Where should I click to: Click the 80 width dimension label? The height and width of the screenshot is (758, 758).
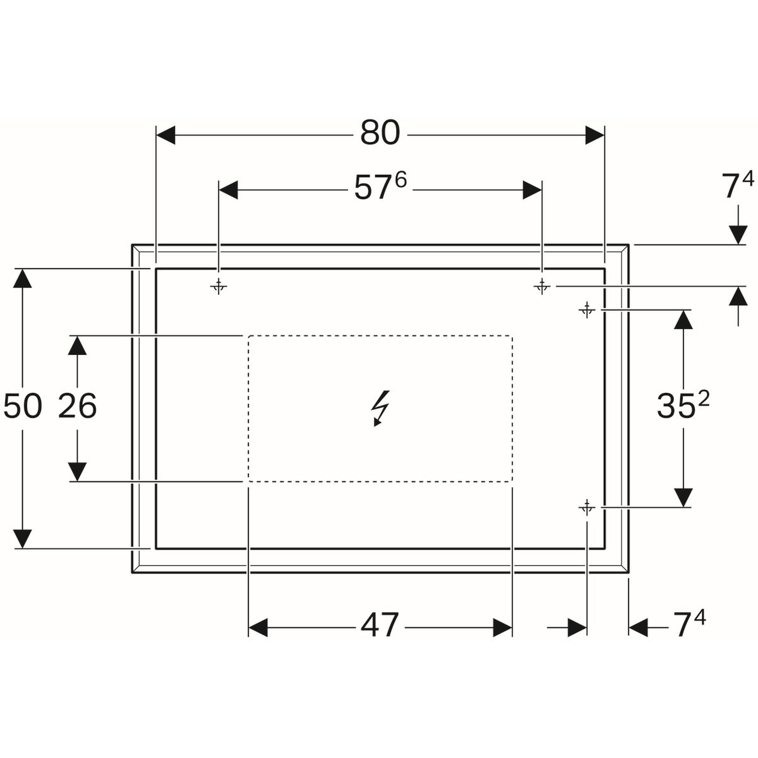tap(380, 132)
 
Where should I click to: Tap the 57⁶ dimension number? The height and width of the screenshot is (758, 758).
tap(380, 187)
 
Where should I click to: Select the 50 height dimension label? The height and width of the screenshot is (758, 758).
tap(22, 406)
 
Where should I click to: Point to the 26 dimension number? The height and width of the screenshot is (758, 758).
tap(77, 406)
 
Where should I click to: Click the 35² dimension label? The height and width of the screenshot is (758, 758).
tap(683, 405)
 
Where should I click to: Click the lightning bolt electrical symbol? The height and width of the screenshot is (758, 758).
tap(380, 409)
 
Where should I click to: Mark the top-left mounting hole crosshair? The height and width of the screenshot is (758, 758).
tap(219, 286)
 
